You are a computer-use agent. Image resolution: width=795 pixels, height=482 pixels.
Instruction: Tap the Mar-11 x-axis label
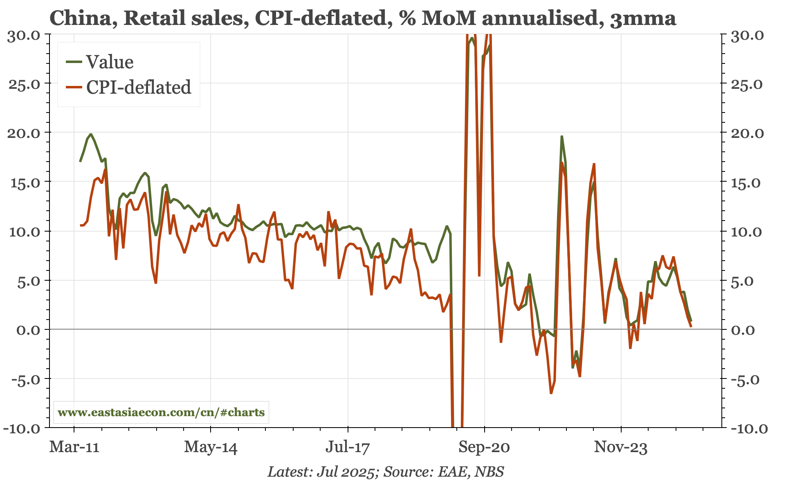click(74, 447)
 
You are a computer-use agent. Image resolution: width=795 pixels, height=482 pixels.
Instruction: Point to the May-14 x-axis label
click(211, 447)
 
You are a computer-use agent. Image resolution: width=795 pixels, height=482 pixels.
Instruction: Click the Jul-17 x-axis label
click(348, 447)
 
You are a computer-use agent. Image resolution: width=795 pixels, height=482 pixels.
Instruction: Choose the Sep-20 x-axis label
click(484, 447)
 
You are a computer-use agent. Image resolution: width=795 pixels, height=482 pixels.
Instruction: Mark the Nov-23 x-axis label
click(621, 447)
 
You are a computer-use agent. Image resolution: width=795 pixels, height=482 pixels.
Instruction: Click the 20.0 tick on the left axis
click(24, 133)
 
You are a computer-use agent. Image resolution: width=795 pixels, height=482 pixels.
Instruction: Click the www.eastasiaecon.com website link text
click(161, 412)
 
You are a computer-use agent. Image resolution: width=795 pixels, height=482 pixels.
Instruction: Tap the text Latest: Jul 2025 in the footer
click(321, 472)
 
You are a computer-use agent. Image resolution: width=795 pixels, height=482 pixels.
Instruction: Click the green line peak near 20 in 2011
click(91, 134)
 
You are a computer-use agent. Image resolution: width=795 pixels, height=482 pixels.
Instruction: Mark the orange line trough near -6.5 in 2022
click(551, 393)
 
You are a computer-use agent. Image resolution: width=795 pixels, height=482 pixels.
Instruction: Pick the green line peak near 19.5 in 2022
click(562, 136)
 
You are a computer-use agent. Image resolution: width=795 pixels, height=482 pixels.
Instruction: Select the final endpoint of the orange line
click(691, 327)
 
